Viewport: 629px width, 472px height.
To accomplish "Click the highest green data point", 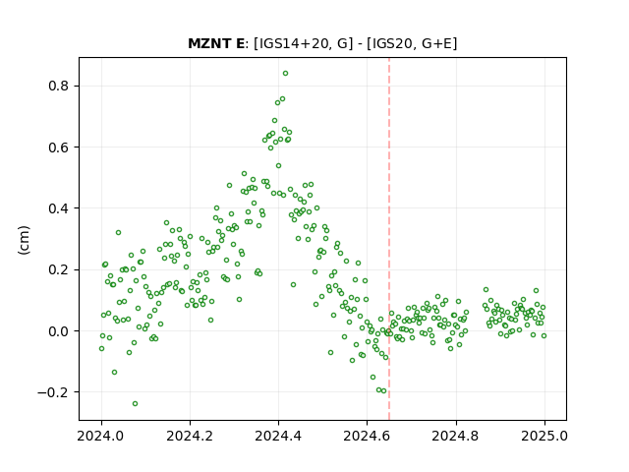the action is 285,74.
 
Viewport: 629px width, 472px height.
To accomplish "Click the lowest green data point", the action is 136,403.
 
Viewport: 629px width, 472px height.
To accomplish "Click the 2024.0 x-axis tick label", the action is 101,436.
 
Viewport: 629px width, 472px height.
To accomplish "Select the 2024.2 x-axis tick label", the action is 190,436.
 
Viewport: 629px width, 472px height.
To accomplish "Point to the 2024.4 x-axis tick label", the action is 278,436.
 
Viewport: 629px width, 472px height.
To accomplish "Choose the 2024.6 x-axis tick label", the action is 367,436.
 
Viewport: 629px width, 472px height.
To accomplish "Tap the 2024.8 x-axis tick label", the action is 456,436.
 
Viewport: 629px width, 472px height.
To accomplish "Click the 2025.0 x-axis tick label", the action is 544,436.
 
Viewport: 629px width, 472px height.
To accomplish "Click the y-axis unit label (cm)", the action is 24,240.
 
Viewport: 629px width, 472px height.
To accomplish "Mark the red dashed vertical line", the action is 389,239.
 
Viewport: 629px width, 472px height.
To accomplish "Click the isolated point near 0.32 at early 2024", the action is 118,232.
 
